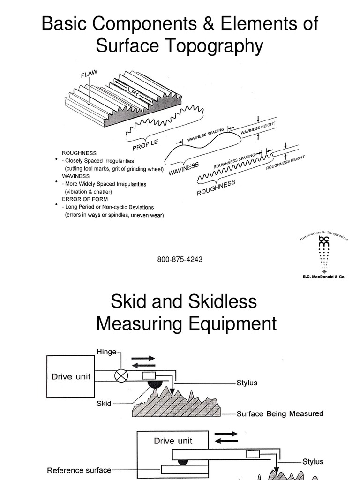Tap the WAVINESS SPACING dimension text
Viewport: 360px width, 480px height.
click(206, 133)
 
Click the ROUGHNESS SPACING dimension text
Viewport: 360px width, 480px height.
click(234, 161)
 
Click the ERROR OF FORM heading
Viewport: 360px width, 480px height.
click(82, 199)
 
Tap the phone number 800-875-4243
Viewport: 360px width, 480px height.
click(180, 259)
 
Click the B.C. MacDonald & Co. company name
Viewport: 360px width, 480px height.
click(323, 277)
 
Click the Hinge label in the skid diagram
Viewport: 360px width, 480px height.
click(106, 352)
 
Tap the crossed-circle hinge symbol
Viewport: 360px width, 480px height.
click(121, 376)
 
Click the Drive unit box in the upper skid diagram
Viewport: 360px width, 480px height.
click(71, 376)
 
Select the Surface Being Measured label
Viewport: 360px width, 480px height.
click(280, 413)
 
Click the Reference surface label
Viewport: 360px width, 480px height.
click(79, 470)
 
